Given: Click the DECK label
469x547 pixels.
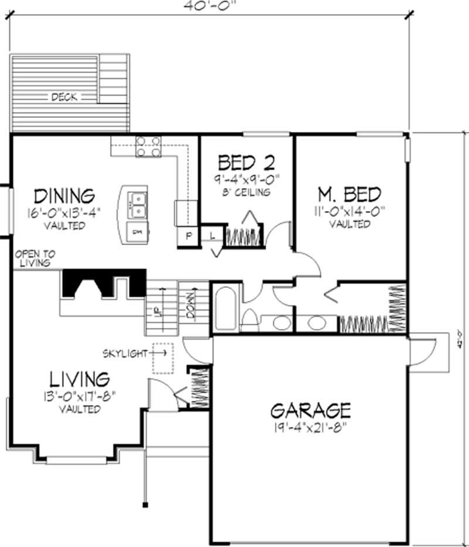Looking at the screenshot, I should pos(64,97).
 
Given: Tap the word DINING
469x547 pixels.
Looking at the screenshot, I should pos(64,195).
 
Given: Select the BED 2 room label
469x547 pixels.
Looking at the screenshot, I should pos(246,161).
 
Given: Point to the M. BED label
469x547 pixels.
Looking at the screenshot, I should pos(349,194).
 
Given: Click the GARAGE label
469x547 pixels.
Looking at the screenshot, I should pos(310,410).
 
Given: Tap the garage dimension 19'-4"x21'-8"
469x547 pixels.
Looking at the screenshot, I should pos(310,426).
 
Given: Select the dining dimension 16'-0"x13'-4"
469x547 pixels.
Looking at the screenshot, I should pos(64,212).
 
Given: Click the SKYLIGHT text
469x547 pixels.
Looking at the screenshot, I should pos(125,353).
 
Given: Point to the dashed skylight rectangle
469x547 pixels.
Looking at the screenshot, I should pos(164,358).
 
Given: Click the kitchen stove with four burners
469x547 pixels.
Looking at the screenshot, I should pos(148,146).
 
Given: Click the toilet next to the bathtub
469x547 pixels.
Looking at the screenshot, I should pos(249,321).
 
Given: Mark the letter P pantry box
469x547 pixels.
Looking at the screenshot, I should pos(189,237).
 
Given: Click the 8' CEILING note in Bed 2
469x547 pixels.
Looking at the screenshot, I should pos(246,192).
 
